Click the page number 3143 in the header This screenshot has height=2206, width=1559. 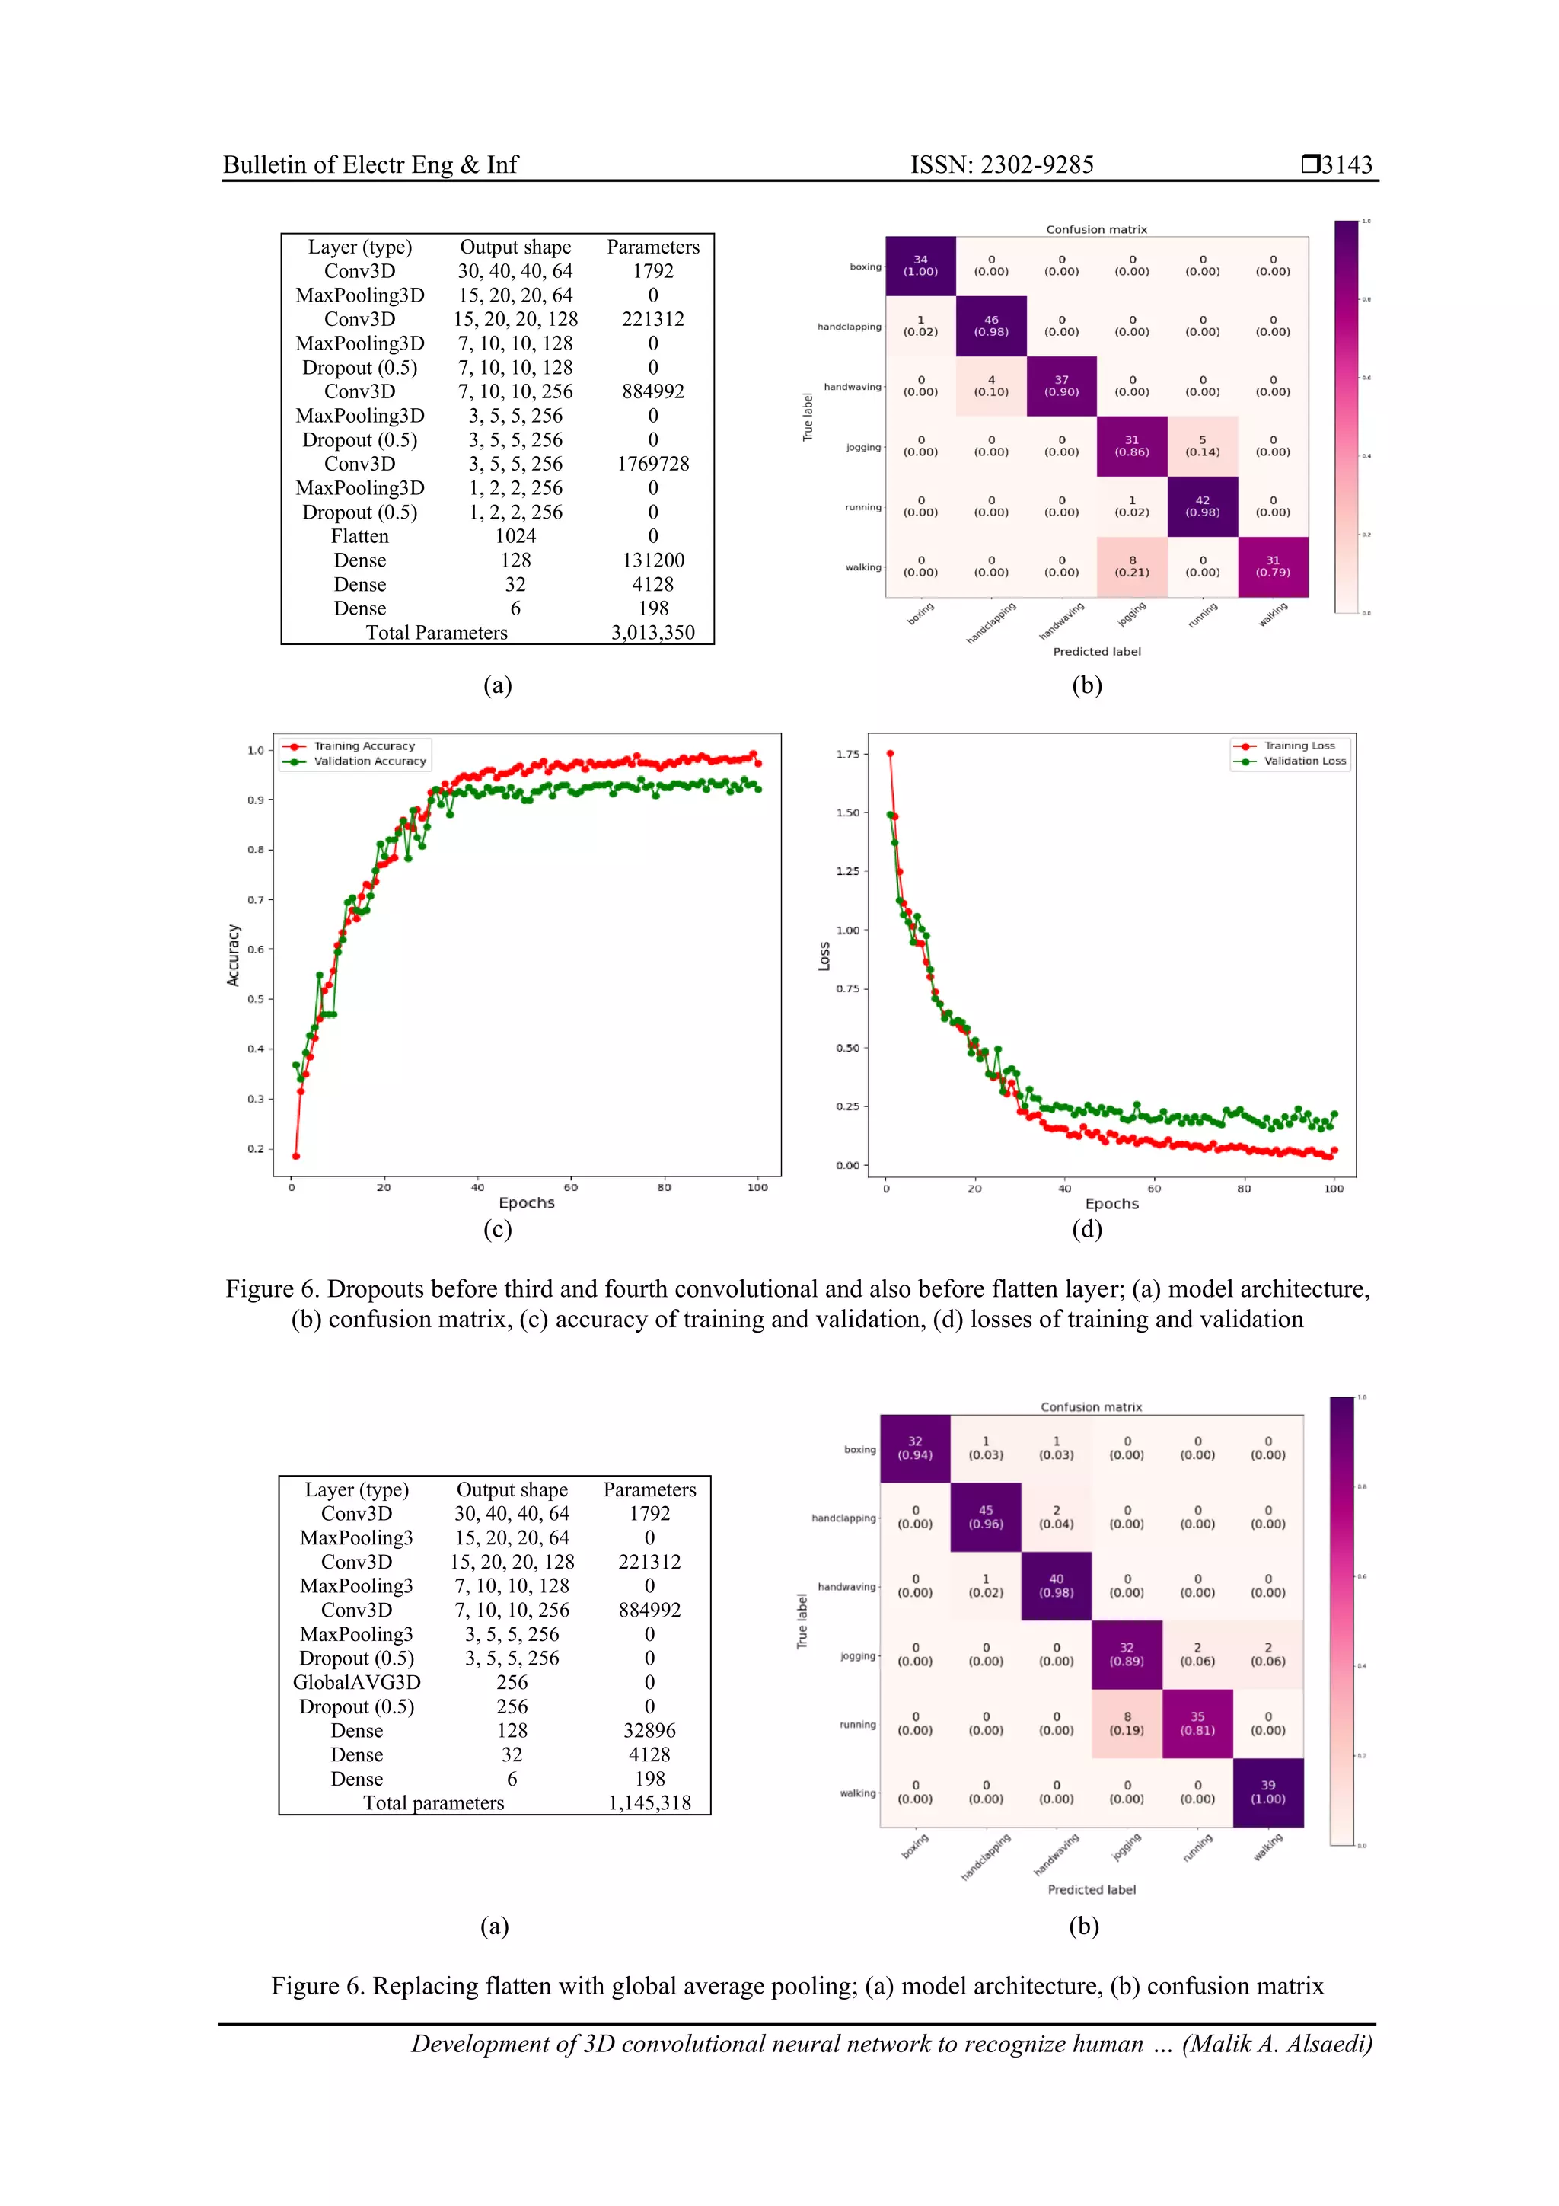(1346, 164)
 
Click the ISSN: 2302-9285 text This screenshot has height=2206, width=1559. (1001, 164)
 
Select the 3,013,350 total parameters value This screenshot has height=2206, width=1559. (652, 632)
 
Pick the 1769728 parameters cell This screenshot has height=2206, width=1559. (652, 463)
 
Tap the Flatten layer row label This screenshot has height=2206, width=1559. (359, 536)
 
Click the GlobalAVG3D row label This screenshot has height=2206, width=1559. (356, 1681)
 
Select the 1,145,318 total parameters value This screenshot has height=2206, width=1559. (649, 1802)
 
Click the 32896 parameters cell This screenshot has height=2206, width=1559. (649, 1729)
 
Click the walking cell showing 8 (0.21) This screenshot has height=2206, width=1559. (1131, 567)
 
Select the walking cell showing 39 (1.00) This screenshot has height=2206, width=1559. (1268, 1792)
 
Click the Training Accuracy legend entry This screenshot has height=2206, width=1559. (364, 745)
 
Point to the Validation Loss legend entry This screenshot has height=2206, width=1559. (1303, 761)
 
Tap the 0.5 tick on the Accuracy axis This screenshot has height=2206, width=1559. (256, 999)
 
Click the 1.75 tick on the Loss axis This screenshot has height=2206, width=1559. (847, 754)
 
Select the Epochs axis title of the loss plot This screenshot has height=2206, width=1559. (1111, 1203)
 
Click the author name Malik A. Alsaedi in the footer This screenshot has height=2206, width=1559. (1277, 2044)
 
